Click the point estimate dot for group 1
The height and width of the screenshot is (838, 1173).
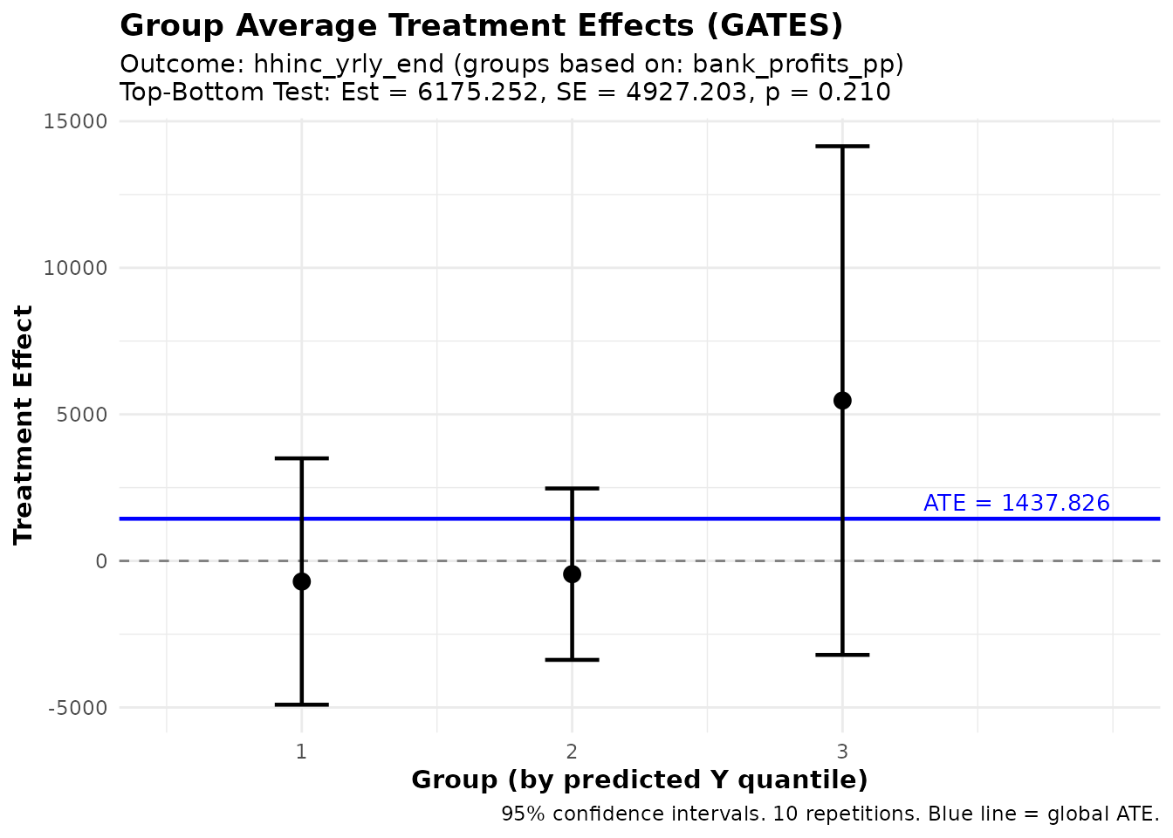tap(301, 581)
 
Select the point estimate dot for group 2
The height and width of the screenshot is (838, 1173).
tap(572, 574)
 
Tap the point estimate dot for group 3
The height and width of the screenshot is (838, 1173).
tap(842, 401)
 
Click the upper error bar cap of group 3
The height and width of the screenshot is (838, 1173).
tap(842, 147)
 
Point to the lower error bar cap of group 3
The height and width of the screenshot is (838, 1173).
tap(842, 655)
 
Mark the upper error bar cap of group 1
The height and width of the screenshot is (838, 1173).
tap(301, 458)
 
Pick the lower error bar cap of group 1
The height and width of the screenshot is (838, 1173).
tap(301, 704)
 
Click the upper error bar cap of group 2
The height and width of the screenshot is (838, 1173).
tap(572, 489)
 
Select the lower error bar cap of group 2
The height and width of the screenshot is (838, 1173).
tap(572, 660)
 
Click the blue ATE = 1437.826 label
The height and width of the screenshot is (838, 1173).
tap(1016, 504)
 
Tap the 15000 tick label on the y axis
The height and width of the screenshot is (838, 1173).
tap(75, 121)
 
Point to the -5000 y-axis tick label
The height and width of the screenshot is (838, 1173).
tap(77, 708)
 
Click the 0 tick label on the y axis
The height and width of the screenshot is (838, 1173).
tap(101, 561)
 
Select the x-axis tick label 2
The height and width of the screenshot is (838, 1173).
tap(572, 752)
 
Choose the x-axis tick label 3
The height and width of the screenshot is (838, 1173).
tap(842, 752)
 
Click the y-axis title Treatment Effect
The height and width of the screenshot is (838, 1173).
tap(24, 424)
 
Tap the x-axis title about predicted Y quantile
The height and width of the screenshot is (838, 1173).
tap(639, 780)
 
